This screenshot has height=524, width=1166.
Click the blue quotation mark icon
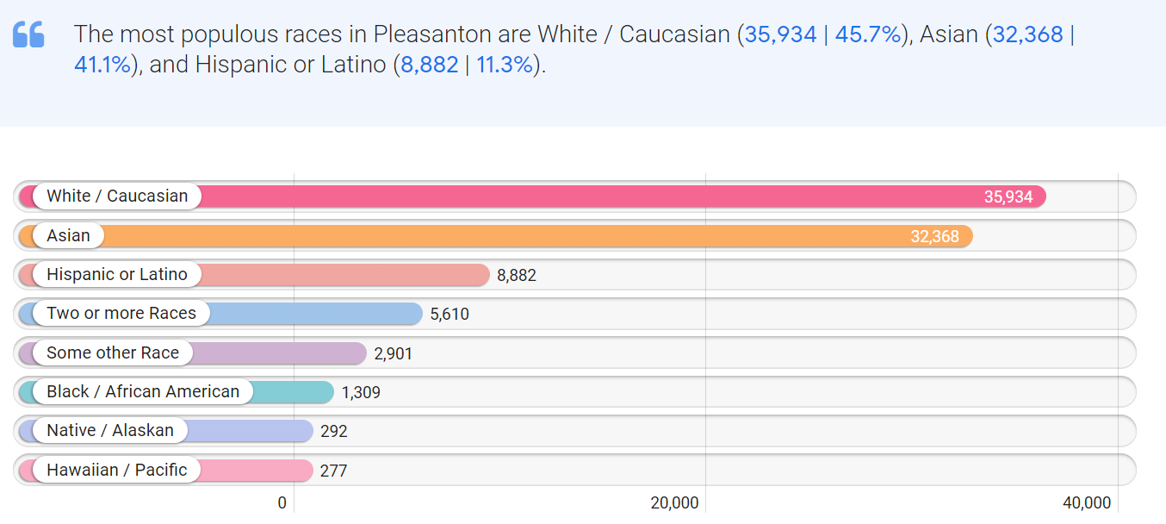pyautogui.click(x=28, y=34)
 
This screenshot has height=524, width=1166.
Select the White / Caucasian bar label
pyautogui.click(x=117, y=196)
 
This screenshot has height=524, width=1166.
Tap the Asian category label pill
pyautogui.click(x=68, y=235)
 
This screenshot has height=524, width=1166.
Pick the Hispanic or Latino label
pyautogui.click(x=117, y=275)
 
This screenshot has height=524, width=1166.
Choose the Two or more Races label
pyautogui.click(x=121, y=314)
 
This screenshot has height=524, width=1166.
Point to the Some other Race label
pyautogui.click(x=113, y=352)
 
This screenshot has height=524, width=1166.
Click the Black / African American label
pyautogui.click(x=143, y=391)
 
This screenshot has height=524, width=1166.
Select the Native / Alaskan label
pyautogui.click(x=110, y=430)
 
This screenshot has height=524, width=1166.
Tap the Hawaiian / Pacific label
pyautogui.click(x=116, y=470)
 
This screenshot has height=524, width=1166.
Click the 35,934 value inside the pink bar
pyautogui.click(x=1008, y=197)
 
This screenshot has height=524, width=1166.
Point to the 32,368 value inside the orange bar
pyautogui.click(x=934, y=236)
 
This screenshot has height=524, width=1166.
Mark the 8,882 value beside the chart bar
pyautogui.click(x=517, y=275)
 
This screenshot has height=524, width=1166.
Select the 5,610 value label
pyautogui.click(x=450, y=314)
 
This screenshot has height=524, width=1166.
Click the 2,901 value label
pyautogui.click(x=394, y=353)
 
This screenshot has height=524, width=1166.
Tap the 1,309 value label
pyautogui.click(x=361, y=392)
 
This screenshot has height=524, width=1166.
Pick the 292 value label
pyautogui.click(x=333, y=431)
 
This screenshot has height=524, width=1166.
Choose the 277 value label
pyautogui.click(x=333, y=471)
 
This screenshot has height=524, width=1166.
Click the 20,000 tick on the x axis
pyautogui.click(x=674, y=503)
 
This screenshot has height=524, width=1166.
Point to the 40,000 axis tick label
pyautogui.click(x=1086, y=503)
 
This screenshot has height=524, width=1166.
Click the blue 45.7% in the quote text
pyautogui.click(x=868, y=34)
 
